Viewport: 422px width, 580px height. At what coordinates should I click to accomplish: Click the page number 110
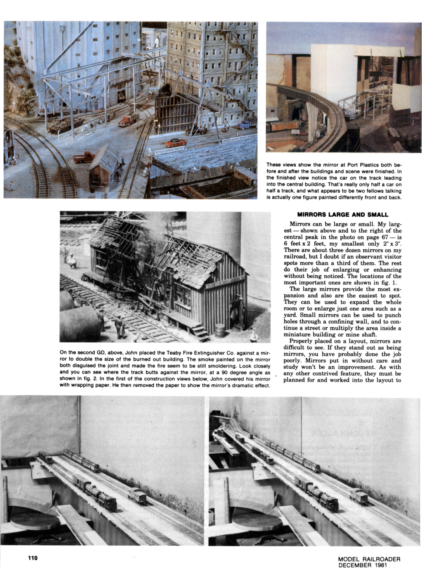click(x=33, y=558)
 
